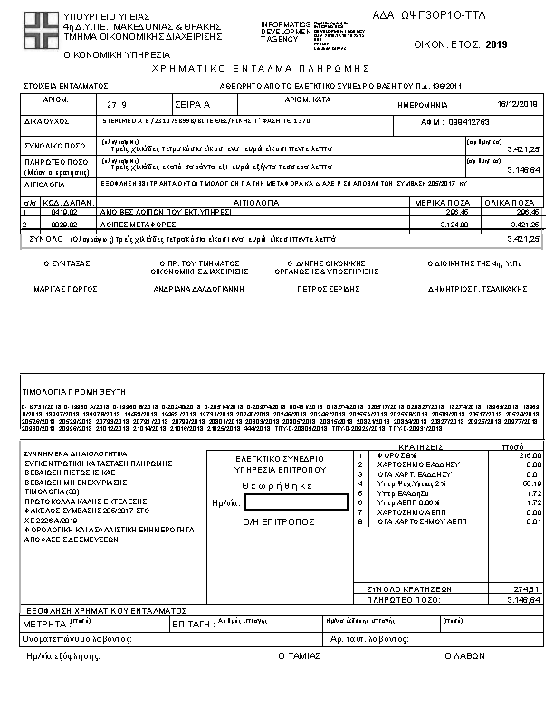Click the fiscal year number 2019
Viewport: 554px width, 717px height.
[x=497, y=44]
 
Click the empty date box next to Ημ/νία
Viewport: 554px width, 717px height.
[x=296, y=502]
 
